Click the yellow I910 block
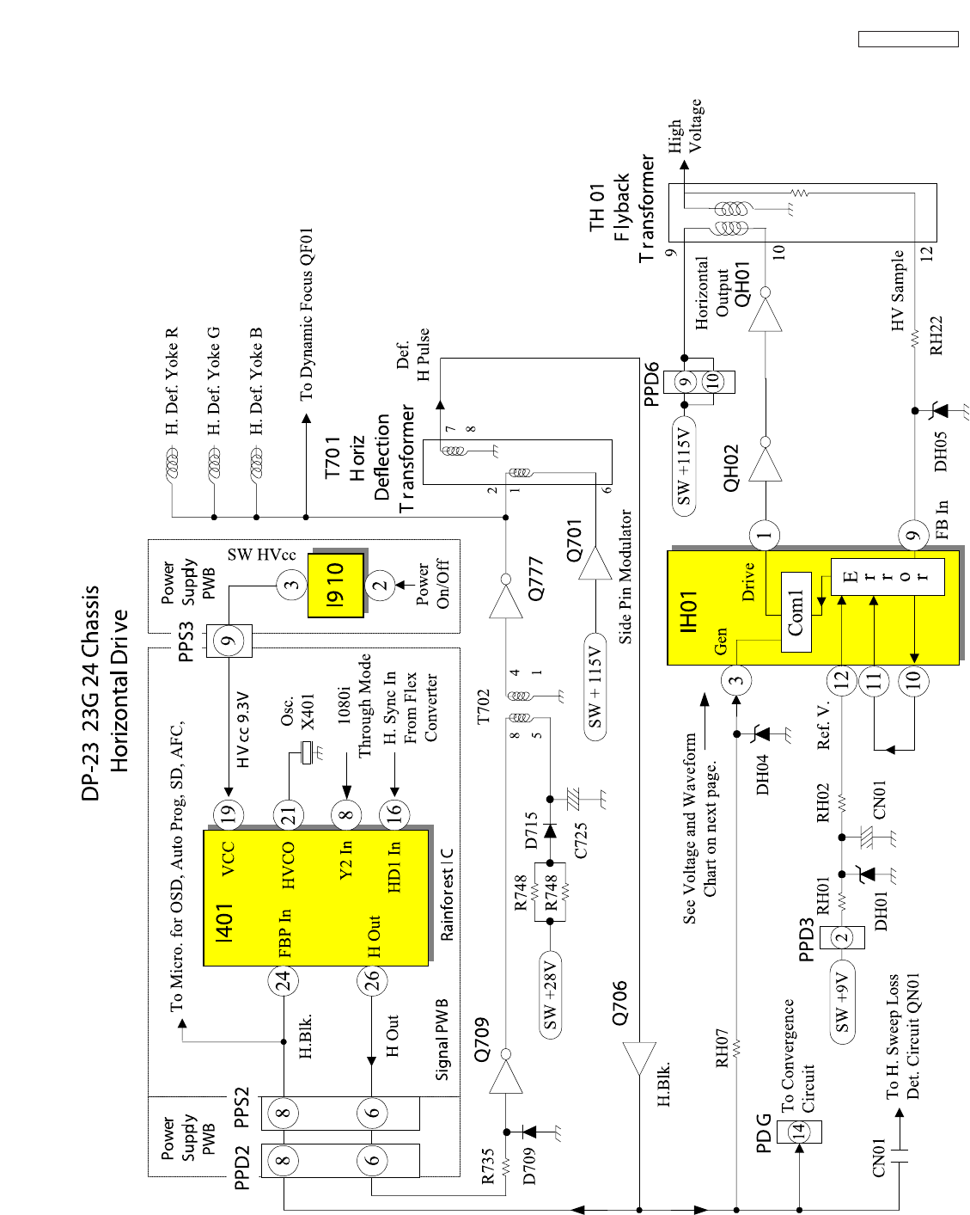tap(336, 584)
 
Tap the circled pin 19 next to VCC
tap(228, 814)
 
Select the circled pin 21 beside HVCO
tap(289, 814)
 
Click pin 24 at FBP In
tap(283, 979)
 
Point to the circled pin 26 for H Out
tap(372, 979)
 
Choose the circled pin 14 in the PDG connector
tap(799, 1129)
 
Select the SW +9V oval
tap(842, 1003)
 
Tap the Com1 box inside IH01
tap(796, 612)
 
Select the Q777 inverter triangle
tap(506, 598)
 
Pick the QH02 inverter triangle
tap(765, 464)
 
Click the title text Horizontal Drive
tap(119, 690)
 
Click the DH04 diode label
tap(762, 774)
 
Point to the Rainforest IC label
tap(447, 894)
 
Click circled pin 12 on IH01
tap(842, 679)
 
